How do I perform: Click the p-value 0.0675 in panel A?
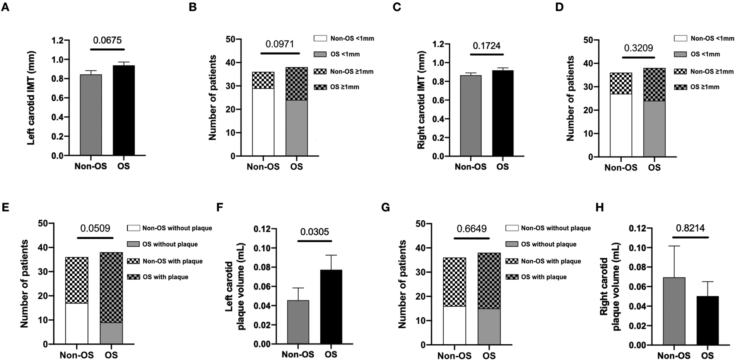(107, 40)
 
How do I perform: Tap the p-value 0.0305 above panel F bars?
(315, 232)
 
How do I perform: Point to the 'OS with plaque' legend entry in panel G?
(544, 277)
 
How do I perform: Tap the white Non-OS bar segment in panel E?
(77, 323)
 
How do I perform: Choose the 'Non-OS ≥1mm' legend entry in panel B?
(352, 72)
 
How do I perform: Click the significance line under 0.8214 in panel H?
(690, 237)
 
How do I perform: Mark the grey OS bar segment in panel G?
(489, 326)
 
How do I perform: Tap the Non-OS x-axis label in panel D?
(620, 167)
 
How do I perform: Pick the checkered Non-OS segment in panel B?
(263, 80)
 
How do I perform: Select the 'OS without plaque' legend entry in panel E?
(170, 244)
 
